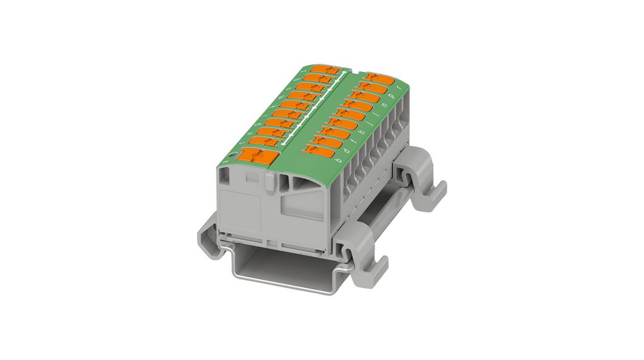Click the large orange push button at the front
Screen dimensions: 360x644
pyautogui.click(x=266, y=158)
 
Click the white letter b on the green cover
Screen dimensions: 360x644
pyautogui.click(x=340, y=160)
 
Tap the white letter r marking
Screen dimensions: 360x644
pyautogui.click(x=397, y=88)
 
